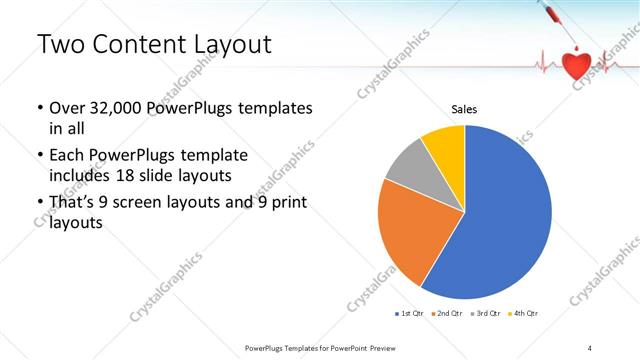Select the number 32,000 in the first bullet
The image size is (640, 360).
116,109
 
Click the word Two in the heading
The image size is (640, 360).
61,46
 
